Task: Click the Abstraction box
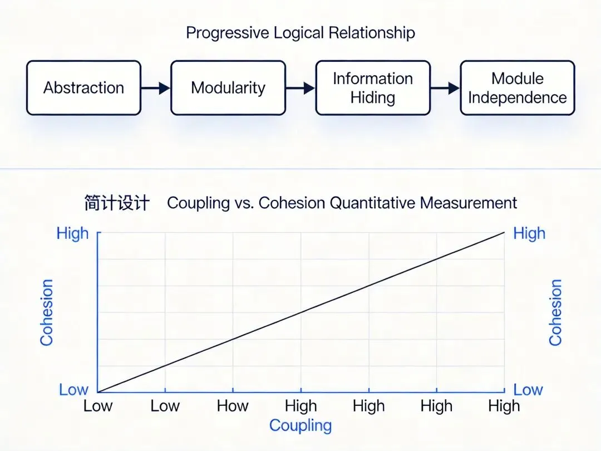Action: click(83, 88)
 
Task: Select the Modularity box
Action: click(228, 88)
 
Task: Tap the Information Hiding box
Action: click(373, 88)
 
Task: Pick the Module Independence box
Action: click(518, 88)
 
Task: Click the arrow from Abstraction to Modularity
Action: click(155, 88)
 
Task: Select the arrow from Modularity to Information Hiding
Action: click(300, 88)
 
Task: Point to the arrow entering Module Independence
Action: click(445, 88)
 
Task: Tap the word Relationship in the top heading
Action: click(372, 33)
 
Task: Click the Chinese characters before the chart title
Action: click(117, 203)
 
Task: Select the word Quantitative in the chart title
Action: click(374, 203)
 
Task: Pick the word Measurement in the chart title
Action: click(469, 203)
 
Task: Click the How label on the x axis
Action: click(233, 406)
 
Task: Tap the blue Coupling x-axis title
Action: click(300, 426)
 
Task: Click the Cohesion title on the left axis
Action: click(47, 312)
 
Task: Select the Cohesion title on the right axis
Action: click(555, 312)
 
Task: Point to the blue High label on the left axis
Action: click(73, 233)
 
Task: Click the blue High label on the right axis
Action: click(529, 233)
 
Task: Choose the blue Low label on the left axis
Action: click(73, 390)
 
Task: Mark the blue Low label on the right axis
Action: click(528, 390)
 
